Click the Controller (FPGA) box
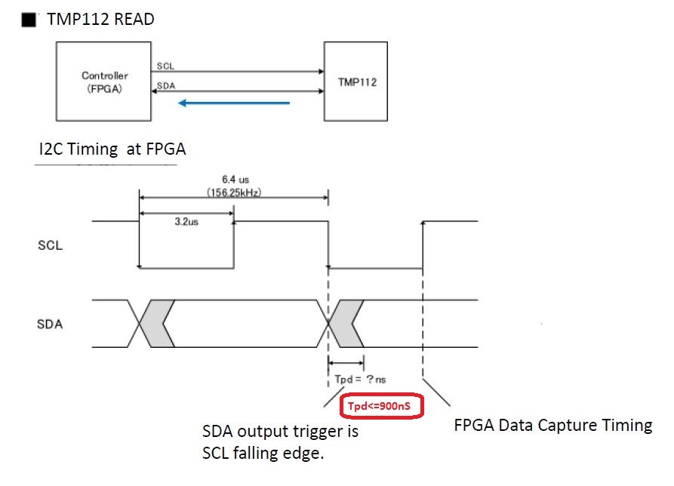[105, 81]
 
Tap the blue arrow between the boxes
[234, 103]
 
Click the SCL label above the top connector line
[165, 66]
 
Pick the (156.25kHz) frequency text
[233, 193]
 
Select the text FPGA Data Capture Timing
[553, 425]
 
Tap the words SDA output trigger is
[280, 432]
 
